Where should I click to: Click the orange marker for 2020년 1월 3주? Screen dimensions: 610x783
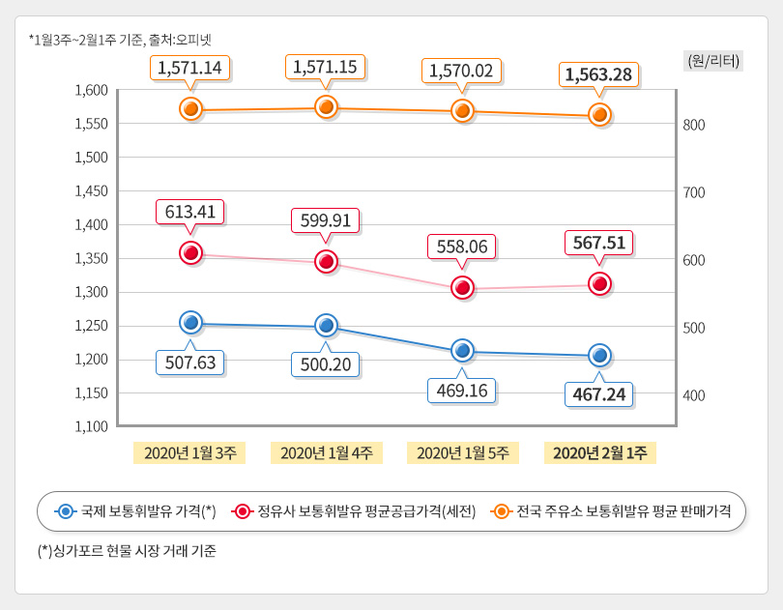(191, 108)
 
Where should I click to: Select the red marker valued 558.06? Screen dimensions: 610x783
(463, 287)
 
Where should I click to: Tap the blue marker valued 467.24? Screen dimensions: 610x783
(599, 355)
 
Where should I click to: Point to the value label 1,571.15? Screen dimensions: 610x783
(326, 68)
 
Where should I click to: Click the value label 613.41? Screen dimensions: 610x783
(190, 213)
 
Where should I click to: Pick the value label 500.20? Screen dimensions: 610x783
(326, 363)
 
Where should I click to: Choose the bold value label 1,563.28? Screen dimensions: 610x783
(599, 74)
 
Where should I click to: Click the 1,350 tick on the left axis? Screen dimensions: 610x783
(91, 258)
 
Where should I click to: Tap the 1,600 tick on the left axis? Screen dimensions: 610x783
(91, 90)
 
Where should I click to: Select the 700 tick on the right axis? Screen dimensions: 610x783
(695, 192)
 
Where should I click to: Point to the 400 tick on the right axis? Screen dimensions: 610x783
(695, 395)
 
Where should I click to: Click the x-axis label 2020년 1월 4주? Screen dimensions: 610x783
(327, 452)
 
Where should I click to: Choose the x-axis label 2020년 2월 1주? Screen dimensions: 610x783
(599, 452)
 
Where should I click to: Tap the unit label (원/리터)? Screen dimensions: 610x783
(713, 60)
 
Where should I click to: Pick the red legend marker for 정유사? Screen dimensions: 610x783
(243, 511)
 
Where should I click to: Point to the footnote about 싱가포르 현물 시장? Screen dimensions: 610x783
(127, 552)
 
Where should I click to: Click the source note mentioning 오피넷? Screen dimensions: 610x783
(121, 40)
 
